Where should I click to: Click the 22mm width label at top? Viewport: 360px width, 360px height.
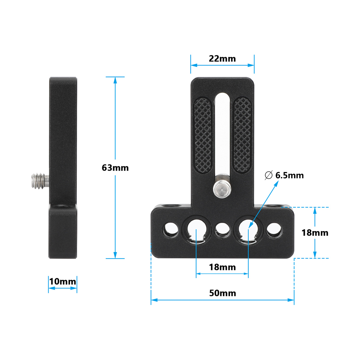coord(222,59)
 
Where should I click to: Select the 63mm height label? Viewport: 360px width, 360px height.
coord(115,168)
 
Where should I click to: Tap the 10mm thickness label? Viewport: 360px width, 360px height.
coord(63,281)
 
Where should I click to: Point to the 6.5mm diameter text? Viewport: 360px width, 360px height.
coord(289,176)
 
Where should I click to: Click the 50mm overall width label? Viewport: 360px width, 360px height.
coord(222,293)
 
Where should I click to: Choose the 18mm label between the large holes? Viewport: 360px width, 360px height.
coord(222,267)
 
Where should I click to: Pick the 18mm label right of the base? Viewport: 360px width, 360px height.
coord(315,233)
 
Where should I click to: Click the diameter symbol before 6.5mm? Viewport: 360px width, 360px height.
coord(268,176)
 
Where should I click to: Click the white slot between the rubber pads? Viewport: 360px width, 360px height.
coord(222,133)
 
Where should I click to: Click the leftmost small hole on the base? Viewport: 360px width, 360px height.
coord(171,229)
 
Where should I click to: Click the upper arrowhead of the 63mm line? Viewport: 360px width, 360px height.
coord(115,80)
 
